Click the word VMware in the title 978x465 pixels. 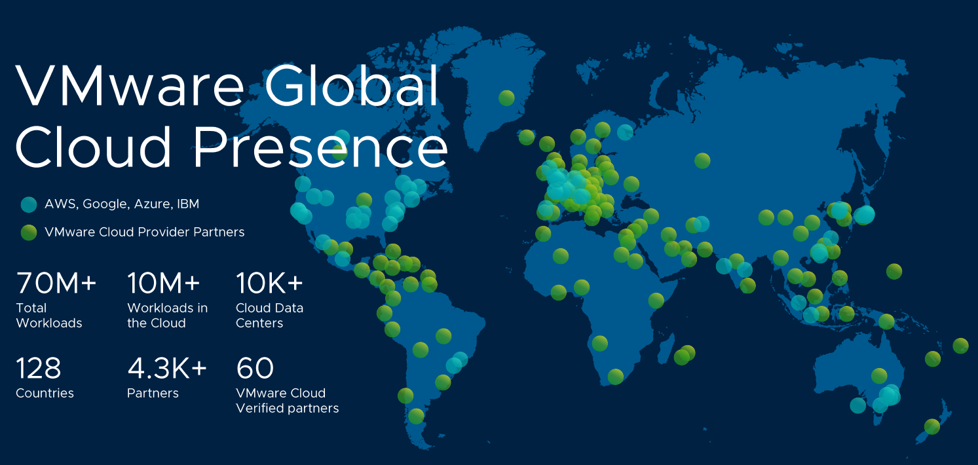(129, 86)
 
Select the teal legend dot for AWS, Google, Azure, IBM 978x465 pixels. (29, 204)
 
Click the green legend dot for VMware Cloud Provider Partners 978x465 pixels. (29, 232)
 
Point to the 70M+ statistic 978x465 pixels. (56, 283)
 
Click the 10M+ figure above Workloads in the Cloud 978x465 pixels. (164, 283)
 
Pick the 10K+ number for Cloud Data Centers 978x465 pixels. (269, 283)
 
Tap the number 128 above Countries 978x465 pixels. (39, 368)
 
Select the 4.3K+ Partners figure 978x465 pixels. (167, 368)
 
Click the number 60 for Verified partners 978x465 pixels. (255, 368)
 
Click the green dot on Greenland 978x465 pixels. (506, 98)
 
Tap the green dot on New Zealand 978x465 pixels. (931, 426)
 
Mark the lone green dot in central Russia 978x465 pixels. (702, 160)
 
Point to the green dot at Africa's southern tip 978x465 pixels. (615, 377)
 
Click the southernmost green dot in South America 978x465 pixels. (416, 416)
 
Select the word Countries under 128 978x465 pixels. (45, 393)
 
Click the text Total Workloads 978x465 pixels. (49, 315)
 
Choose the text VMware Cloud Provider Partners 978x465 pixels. (145, 232)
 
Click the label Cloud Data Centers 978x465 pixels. (269, 315)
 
